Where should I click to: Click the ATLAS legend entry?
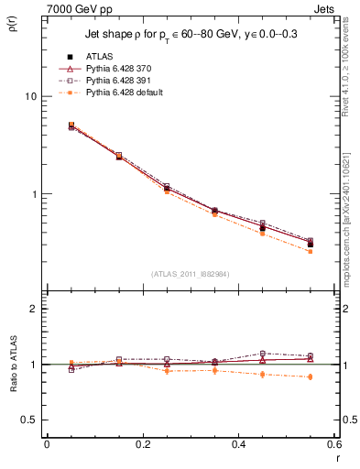point(100,58)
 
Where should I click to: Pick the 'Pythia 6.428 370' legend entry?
point(122,70)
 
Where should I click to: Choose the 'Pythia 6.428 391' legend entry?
point(122,81)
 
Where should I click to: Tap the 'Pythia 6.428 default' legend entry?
point(126,93)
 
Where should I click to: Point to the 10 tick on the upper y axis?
point(30,96)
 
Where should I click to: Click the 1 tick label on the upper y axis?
point(34,194)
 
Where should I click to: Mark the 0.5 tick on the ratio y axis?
point(29,420)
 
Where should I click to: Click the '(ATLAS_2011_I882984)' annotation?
point(191,274)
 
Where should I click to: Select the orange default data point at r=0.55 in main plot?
point(311,251)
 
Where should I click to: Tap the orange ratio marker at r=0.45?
point(263,374)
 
